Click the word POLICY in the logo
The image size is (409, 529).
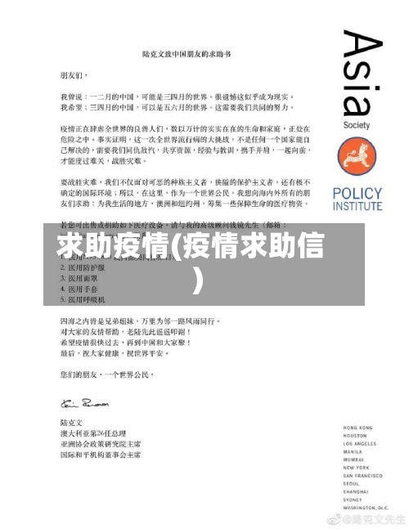tap(358, 194)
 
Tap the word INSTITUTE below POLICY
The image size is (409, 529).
tap(358, 206)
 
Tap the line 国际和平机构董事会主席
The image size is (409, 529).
tap(101, 455)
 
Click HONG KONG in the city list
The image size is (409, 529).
tap(357, 428)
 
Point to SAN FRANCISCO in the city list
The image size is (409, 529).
tap(363, 474)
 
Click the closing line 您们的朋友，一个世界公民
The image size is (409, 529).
tap(109, 375)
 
